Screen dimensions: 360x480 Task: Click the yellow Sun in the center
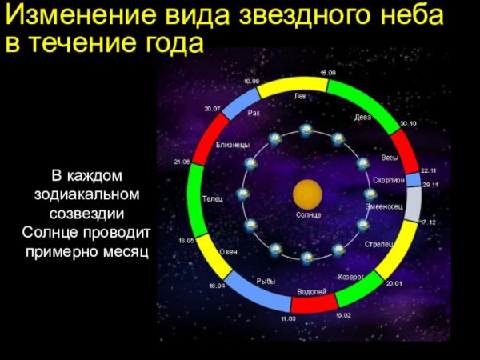[x=307, y=194]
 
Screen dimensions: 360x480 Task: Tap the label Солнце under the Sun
[x=308, y=216]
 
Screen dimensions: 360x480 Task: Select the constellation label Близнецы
[x=233, y=145]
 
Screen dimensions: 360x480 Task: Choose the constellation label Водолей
[x=311, y=290]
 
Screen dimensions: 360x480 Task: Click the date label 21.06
[x=182, y=162]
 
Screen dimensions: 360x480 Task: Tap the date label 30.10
[x=408, y=123]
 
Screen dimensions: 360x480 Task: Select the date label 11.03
[x=288, y=318]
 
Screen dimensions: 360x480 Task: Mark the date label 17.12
[x=427, y=222]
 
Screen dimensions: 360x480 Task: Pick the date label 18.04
[x=217, y=286]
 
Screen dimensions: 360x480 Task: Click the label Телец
[x=213, y=198]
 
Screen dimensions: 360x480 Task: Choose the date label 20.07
[x=212, y=108]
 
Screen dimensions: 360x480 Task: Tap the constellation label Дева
[x=362, y=117]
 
